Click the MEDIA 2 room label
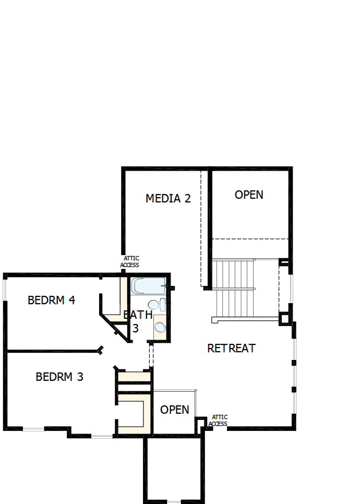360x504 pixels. tap(168, 198)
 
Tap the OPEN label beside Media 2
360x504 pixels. tap(249, 195)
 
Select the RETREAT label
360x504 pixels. tap(231, 348)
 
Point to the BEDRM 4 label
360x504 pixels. tap(52, 300)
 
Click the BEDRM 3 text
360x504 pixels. tap(59, 376)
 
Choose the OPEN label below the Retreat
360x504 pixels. tap(175, 410)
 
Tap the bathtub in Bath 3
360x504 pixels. tap(148, 285)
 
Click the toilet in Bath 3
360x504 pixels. tap(154, 305)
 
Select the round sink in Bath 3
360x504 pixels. tap(160, 327)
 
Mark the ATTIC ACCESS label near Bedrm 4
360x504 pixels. tap(129, 261)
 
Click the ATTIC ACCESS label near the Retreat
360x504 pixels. tap(218, 421)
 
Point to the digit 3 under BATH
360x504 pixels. tap(135, 329)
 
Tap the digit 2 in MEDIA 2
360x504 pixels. tap(186, 198)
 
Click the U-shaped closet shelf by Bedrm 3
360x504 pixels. tap(133, 413)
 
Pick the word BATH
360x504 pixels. tap(138, 315)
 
